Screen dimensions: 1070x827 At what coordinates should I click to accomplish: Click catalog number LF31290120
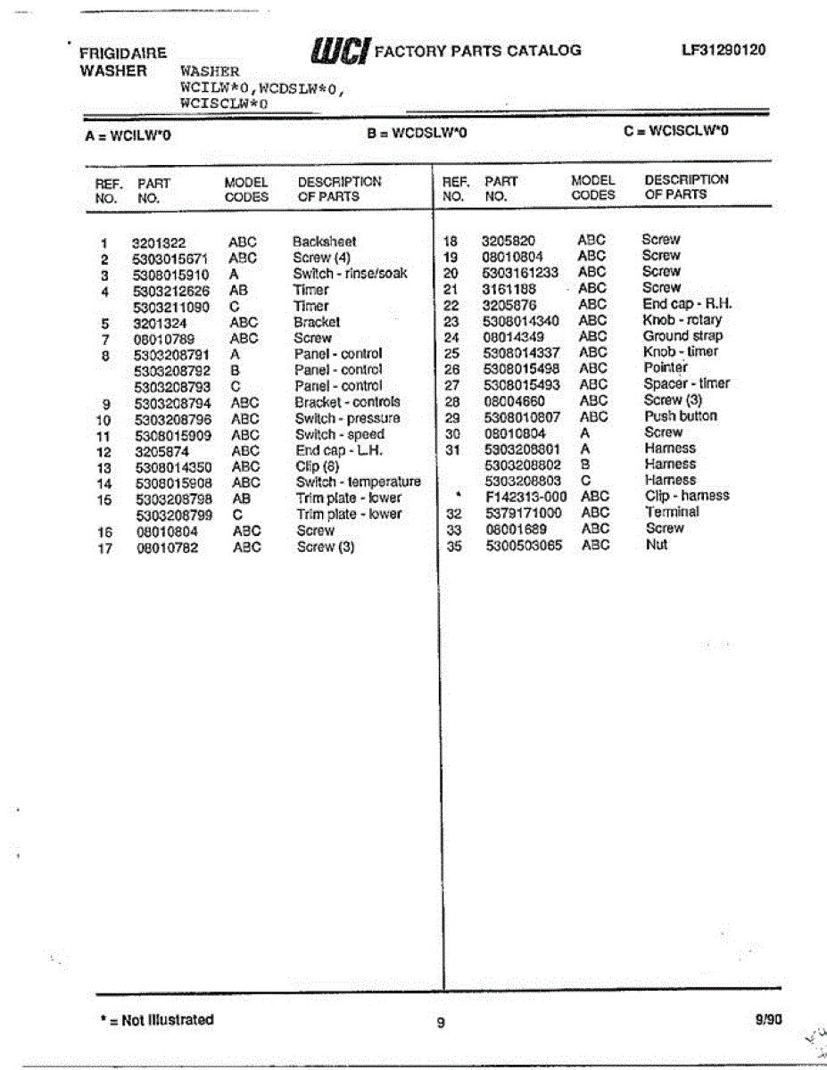click(723, 50)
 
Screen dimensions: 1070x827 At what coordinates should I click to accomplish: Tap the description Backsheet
click(324, 242)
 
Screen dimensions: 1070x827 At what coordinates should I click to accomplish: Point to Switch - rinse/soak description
click(350, 274)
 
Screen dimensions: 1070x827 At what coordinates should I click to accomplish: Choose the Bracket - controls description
click(347, 402)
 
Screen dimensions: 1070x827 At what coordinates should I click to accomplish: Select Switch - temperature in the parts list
click(358, 481)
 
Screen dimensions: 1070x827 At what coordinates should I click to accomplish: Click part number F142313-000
click(525, 497)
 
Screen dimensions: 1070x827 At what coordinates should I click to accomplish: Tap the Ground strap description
click(682, 336)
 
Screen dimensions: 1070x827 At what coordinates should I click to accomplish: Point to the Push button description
click(680, 416)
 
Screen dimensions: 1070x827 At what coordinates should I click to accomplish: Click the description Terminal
click(672, 512)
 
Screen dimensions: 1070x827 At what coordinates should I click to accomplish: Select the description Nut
click(656, 544)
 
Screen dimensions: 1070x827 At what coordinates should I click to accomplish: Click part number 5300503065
click(524, 545)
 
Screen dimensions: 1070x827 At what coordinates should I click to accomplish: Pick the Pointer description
click(666, 368)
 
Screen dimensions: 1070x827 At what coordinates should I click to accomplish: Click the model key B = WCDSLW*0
click(417, 134)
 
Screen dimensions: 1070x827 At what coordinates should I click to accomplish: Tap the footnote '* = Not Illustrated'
click(157, 1020)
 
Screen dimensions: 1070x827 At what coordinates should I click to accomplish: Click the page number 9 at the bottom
click(440, 1023)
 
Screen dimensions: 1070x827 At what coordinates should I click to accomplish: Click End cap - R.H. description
click(686, 304)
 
